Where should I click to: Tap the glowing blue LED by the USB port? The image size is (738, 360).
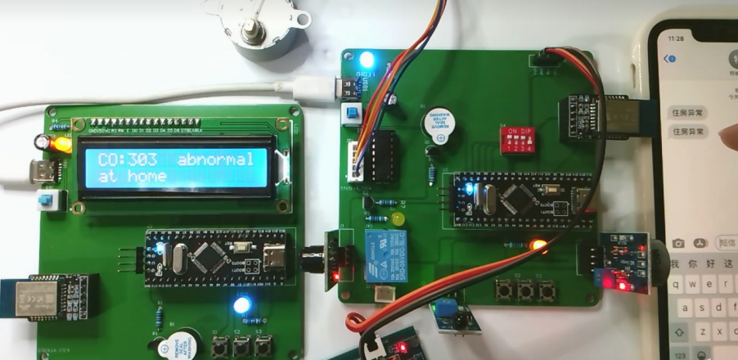(367, 59)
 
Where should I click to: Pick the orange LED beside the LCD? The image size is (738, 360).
(60, 145)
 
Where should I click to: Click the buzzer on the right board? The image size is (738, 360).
(440, 124)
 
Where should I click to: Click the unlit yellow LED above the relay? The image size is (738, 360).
(398, 219)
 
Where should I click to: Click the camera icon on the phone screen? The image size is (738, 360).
(678, 243)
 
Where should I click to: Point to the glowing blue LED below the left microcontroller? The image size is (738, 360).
(241, 306)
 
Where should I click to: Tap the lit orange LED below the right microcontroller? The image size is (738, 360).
(538, 244)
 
